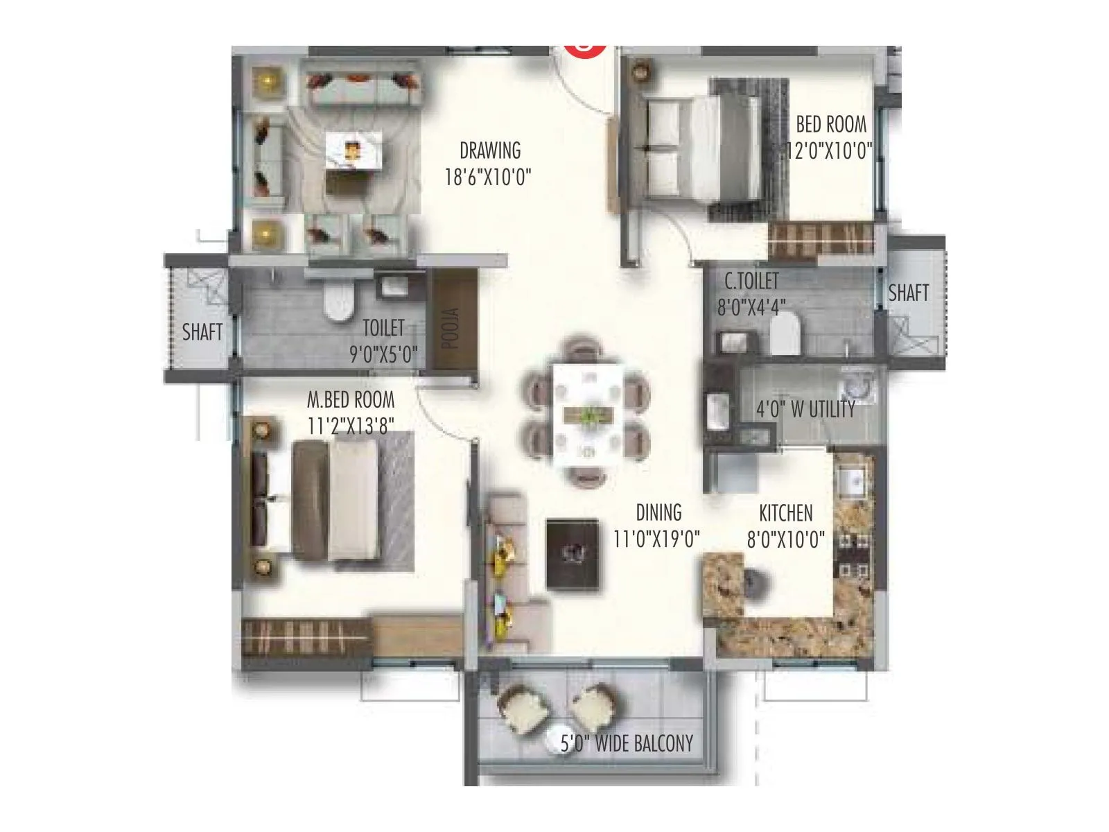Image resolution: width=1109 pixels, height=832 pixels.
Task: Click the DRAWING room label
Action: point(489,150)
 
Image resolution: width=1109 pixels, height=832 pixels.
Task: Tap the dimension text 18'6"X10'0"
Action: point(487,177)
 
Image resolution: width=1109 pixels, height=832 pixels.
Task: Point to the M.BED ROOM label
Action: point(351,400)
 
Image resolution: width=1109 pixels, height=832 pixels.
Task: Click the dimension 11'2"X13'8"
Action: point(351,425)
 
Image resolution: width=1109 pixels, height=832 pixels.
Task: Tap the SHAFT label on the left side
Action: point(202,332)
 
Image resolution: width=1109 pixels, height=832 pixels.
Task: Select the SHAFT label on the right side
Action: point(908,293)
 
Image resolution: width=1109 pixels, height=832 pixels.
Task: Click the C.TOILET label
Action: point(751,281)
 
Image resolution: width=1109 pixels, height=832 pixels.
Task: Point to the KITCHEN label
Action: point(785,514)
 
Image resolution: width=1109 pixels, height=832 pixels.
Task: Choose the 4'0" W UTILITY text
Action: point(805,409)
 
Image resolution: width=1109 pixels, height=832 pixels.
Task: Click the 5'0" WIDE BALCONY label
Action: point(627,744)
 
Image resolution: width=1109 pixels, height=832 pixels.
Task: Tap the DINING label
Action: point(658,513)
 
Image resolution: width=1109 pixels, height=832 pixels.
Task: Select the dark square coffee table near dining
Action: point(573,554)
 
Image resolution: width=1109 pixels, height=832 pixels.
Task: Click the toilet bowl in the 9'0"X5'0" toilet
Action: point(338,304)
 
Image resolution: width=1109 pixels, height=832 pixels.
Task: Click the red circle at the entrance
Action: point(586,49)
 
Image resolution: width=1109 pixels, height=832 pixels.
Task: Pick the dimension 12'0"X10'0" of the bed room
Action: point(829,151)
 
